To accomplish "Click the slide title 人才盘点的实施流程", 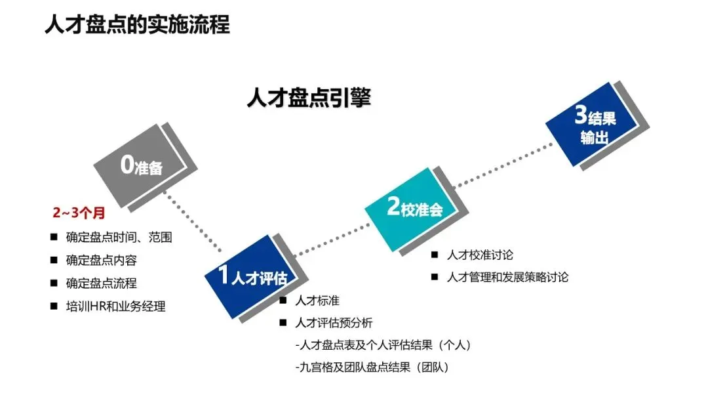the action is (137, 25).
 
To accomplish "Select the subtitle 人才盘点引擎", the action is (309, 98).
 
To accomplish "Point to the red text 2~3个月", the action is (79, 213).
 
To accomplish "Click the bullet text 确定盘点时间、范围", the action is (119, 238).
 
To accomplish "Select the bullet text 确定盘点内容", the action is (101, 261).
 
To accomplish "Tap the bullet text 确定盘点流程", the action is (101, 283).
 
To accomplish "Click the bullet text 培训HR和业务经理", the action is (115, 306).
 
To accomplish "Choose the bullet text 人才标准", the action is (317, 301).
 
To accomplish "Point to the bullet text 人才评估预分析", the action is (334, 323).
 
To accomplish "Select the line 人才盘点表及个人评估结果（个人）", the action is (383, 345).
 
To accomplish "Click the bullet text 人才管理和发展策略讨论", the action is (507, 277).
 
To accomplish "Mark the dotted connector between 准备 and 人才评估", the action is (197, 224).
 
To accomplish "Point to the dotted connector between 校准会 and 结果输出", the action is (505, 167).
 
